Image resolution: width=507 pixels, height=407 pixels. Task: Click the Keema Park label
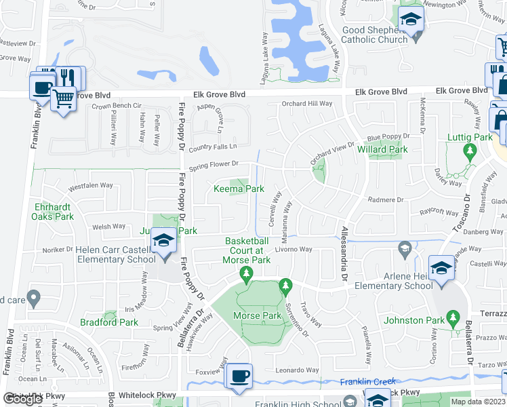pos(239,189)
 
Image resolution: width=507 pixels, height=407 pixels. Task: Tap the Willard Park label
pos(388,149)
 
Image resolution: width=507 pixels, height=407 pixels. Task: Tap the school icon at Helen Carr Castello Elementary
pos(163,241)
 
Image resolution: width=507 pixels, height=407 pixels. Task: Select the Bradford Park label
pos(109,322)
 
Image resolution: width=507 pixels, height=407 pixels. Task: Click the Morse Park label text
pos(257,316)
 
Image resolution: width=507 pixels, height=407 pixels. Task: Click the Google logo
pos(22,399)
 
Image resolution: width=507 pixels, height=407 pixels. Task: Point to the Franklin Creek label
pos(367,381)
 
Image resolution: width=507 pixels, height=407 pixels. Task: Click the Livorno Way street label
pos(293,250)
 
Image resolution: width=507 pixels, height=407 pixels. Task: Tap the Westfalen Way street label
pos(90,185)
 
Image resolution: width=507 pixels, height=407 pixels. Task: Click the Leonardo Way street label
pos(297,370)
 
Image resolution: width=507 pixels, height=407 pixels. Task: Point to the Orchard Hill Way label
pos(307,104)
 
